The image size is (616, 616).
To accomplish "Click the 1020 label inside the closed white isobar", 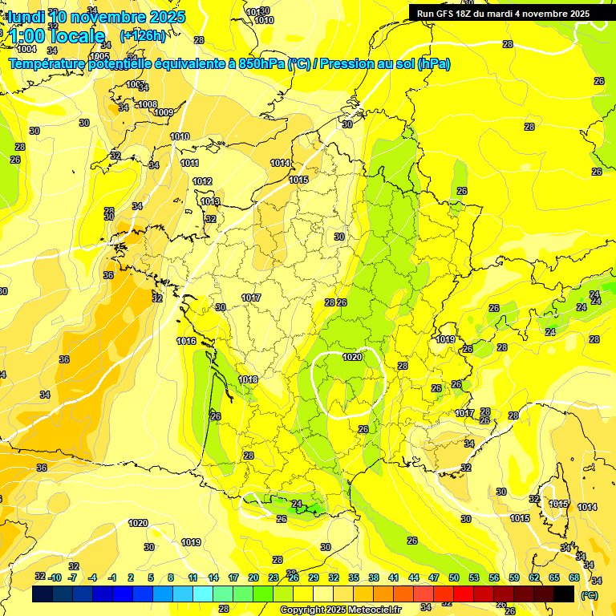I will pyautogui.click(x=351, y=357).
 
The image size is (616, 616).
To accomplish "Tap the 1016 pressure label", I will pyautogui.click(x=186, y=341).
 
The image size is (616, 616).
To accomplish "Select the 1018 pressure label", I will pyautogui.click(x=248, y=379).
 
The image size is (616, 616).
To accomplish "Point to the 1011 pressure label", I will pyautogui.click(x=190, y=163).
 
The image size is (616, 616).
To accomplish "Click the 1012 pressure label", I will pyautogui.click(x=202, y=182).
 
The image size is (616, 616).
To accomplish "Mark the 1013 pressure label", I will pyautogui.click(x=210, y=201).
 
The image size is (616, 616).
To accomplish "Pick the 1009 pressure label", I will pyautogui.click(x=164, y=112).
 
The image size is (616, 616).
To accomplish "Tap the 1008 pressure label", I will pyautogui.click(x=148, y=105).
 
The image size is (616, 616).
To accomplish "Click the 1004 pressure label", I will pyautogui.click(x=26, y=49).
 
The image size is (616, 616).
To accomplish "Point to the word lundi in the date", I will pyautogui.click(x=26, y=16).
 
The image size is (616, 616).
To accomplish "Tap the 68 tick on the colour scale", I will pyautogui.click(x=574, y=577).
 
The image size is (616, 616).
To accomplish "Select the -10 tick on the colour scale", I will pyautogui.click(x=55, y=577).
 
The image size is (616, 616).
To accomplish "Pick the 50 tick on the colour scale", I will pyautogui.click(x=454, y=577).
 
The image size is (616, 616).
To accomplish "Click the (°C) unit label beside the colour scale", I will pyautogui.click(x=590, y=595).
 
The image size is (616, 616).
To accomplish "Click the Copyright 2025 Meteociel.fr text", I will pyautogui.click(x=340, y=610).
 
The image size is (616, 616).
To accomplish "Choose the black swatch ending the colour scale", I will pyautogui.click(x=564, y=594).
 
